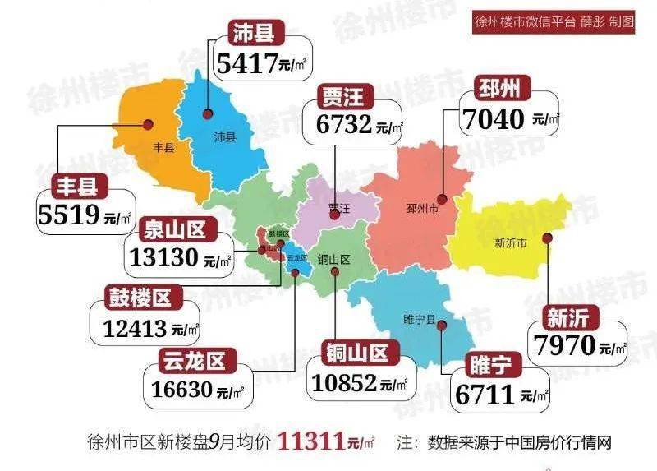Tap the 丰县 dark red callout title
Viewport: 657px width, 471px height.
pos(77,185)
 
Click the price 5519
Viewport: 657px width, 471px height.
pos(69,215)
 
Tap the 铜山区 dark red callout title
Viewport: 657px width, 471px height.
pos(356,353)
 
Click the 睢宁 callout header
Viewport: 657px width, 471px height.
pos(490,365)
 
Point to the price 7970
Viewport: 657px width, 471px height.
pos(564,345)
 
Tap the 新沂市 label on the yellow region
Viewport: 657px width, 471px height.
pos(512,242)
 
